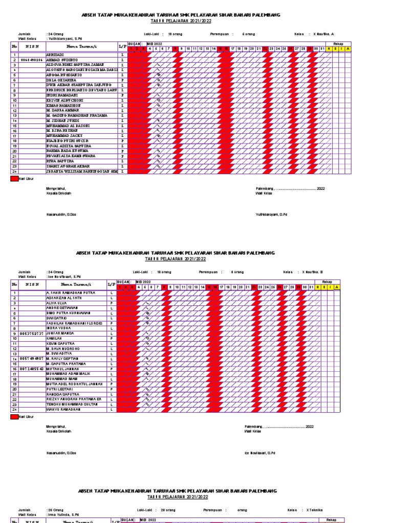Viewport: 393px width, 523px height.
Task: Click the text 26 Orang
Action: click(57, 510)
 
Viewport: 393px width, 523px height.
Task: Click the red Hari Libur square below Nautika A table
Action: click(14, 179)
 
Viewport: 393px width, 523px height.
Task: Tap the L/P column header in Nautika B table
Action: click(112, 284)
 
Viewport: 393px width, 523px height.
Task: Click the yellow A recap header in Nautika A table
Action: click(348, 49)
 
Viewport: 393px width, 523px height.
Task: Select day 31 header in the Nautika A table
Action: click(322, 49)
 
